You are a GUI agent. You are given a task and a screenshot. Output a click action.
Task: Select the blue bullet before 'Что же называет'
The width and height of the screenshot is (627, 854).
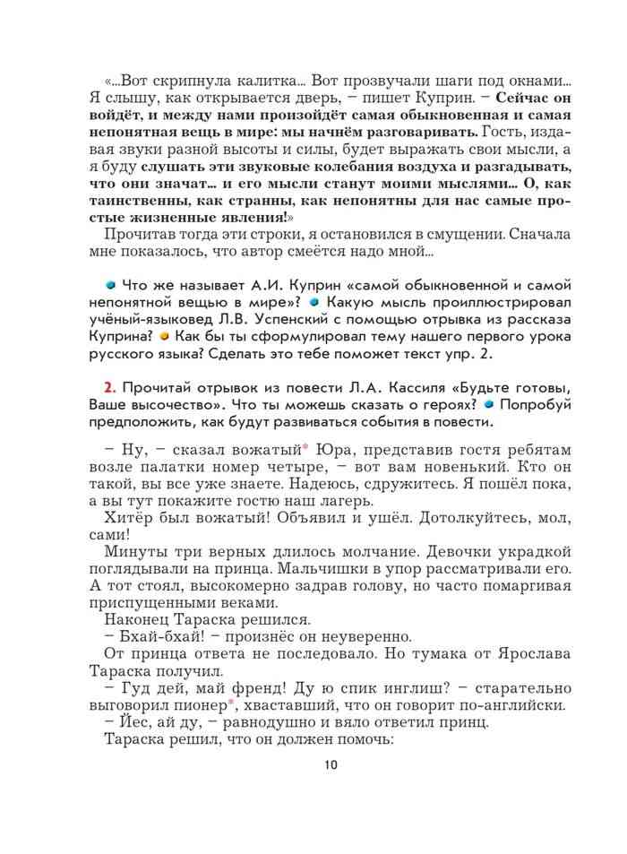point(110,284)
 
